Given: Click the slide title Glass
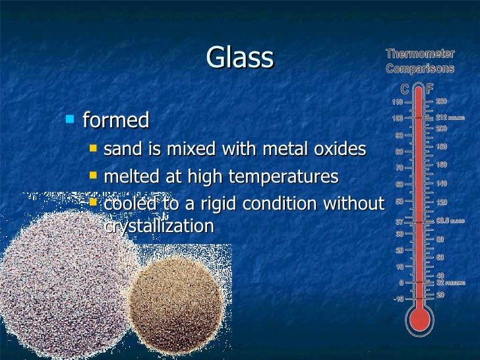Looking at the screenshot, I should click(x=239, y=57).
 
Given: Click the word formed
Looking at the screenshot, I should click(x=115, y=121).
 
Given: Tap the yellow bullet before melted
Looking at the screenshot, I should click(x=93, y=175).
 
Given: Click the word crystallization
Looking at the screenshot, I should click(x=159, y=226).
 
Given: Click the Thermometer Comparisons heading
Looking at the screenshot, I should click(x=419, y=61).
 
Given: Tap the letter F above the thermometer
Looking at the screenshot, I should click(x=430, y=88).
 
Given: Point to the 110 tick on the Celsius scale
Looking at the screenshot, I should click(x=398, y=102).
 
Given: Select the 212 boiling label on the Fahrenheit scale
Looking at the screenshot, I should click(x=446, y=117).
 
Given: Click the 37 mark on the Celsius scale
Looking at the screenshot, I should click(x=400, y=221).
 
